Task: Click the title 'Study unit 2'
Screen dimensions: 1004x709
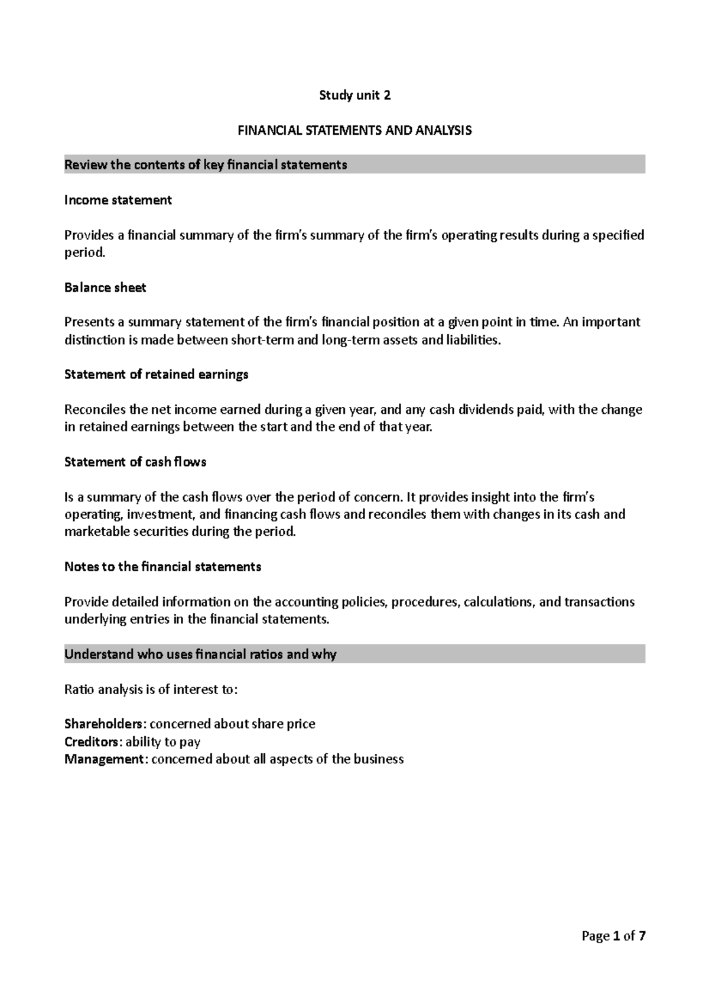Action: pos(354,95)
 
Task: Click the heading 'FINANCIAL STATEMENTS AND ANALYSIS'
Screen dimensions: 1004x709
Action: pos(354,130)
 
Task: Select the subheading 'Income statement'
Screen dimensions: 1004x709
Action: pos(118,200)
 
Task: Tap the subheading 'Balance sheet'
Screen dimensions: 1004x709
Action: pos(105,287)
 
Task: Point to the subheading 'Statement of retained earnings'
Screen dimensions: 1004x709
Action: pos(156,374)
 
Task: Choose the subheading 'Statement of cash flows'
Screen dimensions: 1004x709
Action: pos(135,462)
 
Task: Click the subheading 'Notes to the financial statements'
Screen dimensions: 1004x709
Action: pos(162,566)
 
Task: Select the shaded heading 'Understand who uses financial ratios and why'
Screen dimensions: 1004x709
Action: pos(200,654)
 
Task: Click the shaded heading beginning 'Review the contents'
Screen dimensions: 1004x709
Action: pos(206,165)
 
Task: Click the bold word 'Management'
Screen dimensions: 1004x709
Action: pos(104,759)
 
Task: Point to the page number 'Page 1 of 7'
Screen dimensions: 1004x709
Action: pos(613,936)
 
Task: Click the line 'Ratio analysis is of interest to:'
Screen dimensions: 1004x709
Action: pos(151,689)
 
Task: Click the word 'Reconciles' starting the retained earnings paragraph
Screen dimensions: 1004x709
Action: pos(95,409)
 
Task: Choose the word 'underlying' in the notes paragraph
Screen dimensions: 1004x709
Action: pos(92,619)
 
